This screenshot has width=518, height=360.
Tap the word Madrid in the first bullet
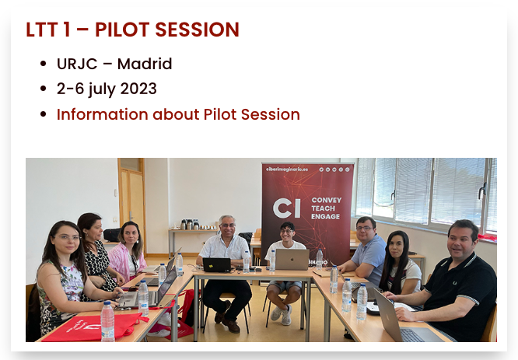click(x=145, y=64)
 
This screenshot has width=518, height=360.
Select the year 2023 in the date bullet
click(x=138, y=89)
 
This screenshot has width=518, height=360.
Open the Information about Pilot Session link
click(x=178, y=114)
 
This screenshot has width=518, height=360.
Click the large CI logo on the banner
click(x=287, y=208)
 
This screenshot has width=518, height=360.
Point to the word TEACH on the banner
click(x=323, y=208)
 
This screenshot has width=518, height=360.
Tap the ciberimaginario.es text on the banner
click(x=287, y=169)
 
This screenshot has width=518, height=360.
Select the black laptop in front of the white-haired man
click(x=217, y=265)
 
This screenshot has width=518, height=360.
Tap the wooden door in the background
click(x=132, y=205)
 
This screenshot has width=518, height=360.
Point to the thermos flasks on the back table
click(x=189, y=224)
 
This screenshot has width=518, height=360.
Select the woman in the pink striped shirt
click(x=128, y=252)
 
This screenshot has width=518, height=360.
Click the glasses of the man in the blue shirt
click(x=364, y=229)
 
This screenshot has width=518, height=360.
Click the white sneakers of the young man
click(x=282, y=314)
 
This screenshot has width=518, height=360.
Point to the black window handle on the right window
click(x=483, y=190)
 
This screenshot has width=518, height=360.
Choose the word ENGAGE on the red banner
click(x=325, y=217)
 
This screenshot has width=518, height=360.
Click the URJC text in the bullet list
click(x=77, y=64)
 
